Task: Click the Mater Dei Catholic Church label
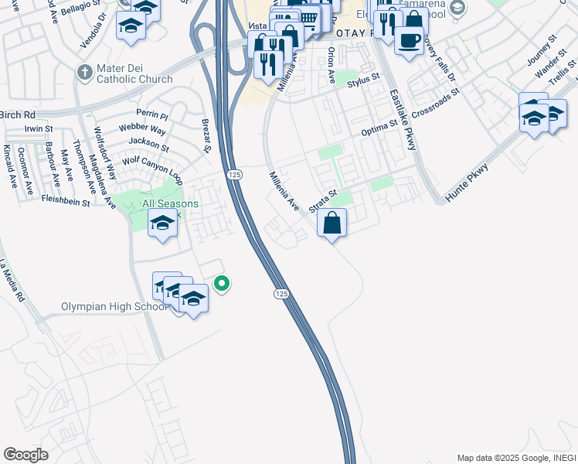tap(134, 73)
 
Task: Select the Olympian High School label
tap(114, 307)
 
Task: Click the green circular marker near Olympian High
tap(222, 284)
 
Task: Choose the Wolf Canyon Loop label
tap(152, 169)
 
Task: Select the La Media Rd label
tap(12, 279)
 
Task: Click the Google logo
tap(25, 455)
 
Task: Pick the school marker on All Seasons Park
tap(162, 225)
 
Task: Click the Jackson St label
tap(149, 142)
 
